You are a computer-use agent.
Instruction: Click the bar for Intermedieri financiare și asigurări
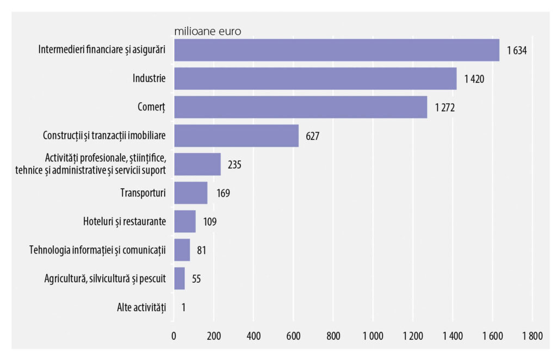click(x=336, y=50)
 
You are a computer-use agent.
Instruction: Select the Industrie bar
click(x=315, y=78)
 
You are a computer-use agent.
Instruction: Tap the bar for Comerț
click(x=300, y=107)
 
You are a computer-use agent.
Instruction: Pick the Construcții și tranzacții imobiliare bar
click(x=236, y=136)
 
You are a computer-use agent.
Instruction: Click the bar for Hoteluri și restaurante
click(x=184, y=221)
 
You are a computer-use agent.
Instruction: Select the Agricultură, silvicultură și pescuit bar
click(x=179, y=278)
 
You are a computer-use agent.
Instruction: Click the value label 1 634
click(x=518, y=51)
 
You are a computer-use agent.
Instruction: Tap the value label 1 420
click(x=474, y=79)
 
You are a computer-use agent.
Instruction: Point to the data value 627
click(x=312, y=136)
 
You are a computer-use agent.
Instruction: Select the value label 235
click(x=234, y=164)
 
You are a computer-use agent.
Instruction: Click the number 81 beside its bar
click(x=201, y=250)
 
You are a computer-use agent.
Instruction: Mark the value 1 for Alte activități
click(x=184, y=307)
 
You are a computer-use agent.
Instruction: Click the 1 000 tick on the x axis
click(x=373, y=336)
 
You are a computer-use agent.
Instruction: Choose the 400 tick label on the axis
click(x=253, y=336)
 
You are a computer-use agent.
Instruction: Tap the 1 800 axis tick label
click(x=531, y=336)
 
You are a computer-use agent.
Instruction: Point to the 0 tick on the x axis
click(x=174, y=336)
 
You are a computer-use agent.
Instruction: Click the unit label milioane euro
click(x=207, y=30)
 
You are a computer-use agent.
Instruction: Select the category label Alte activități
click(x=141, y=307)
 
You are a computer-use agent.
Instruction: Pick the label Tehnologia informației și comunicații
click(x=97, y=250)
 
